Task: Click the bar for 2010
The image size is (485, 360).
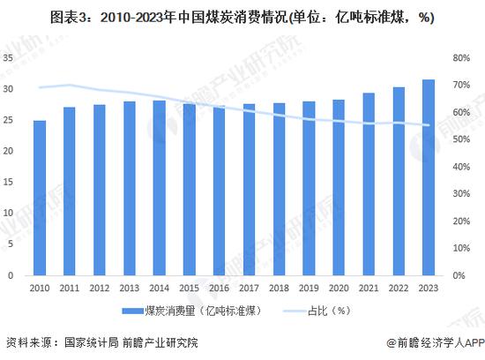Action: (x=40, y=198)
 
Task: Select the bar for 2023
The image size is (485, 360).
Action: (x=429, y=177)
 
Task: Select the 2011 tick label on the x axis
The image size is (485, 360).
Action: (x=70, y=289)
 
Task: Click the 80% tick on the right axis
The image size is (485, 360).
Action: (x=462, y=58)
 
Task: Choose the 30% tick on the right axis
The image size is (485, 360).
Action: (x=462, y=194)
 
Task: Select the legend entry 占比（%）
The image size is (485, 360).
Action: (x=329, y=311)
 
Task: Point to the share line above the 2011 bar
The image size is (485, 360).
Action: (x=70, y=86)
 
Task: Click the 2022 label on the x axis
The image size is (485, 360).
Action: (x=399, y=289)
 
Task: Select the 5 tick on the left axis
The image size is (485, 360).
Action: (x=11, y=244)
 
